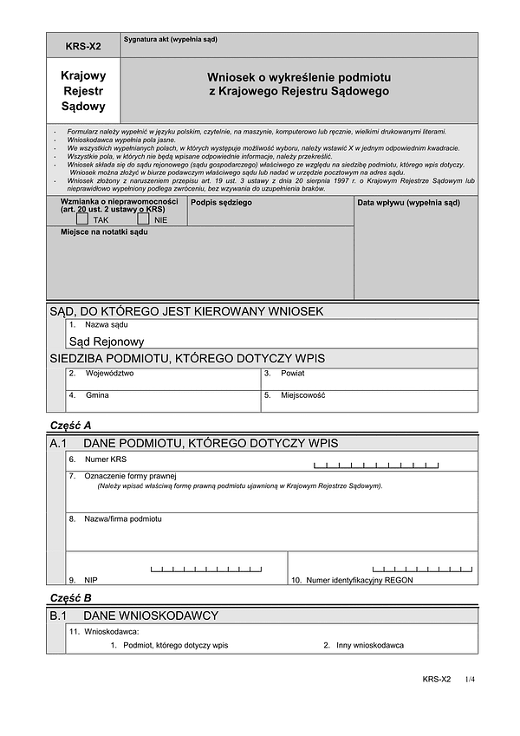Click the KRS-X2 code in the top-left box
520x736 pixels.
[83, 45]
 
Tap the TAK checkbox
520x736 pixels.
[82, 218]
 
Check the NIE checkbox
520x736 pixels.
[144, 218]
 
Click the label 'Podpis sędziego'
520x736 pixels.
[221, 202]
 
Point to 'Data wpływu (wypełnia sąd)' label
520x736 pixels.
[408, 202]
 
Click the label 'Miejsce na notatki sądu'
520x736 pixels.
[104, 232]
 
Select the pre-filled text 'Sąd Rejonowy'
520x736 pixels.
[107, 342]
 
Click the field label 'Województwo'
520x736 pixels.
[109, 373]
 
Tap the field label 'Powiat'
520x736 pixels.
[292, 373]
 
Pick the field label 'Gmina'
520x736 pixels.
[97, 394]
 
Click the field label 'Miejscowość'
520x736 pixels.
[302, 394]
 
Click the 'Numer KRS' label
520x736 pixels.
[105, 459]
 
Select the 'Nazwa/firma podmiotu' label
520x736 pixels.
[122, 518]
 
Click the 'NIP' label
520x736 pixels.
[91, 579]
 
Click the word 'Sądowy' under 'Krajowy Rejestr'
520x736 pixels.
[83, 107]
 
